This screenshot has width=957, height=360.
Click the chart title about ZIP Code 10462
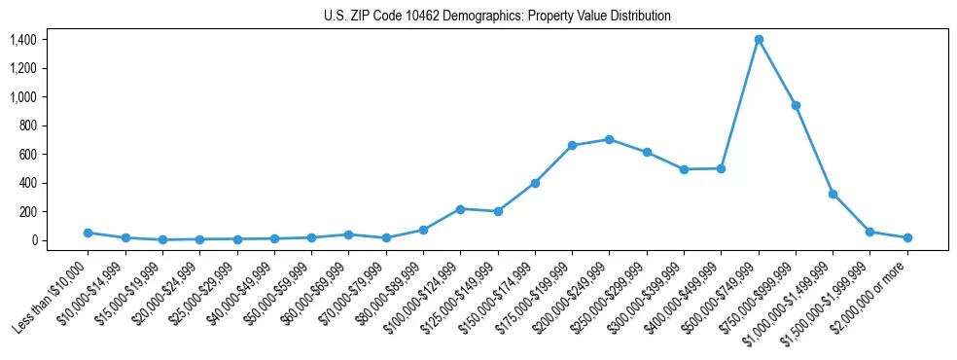tap(497, 17)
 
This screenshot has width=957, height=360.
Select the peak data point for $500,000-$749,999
tap(759, 40)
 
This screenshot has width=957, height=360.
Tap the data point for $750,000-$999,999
tap(796, 105)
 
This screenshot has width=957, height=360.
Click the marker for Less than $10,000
tap(88, 233)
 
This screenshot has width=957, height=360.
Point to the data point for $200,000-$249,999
tap(609, 139)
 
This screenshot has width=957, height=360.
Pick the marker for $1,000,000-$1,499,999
tap(833, 194)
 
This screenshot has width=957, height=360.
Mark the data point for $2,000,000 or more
tap(907, 237)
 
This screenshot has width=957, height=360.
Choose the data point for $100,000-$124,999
tap(460, 209)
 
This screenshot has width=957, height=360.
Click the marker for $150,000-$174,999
tap(535, 183)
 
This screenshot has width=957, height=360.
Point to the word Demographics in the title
tap(456, 17)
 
